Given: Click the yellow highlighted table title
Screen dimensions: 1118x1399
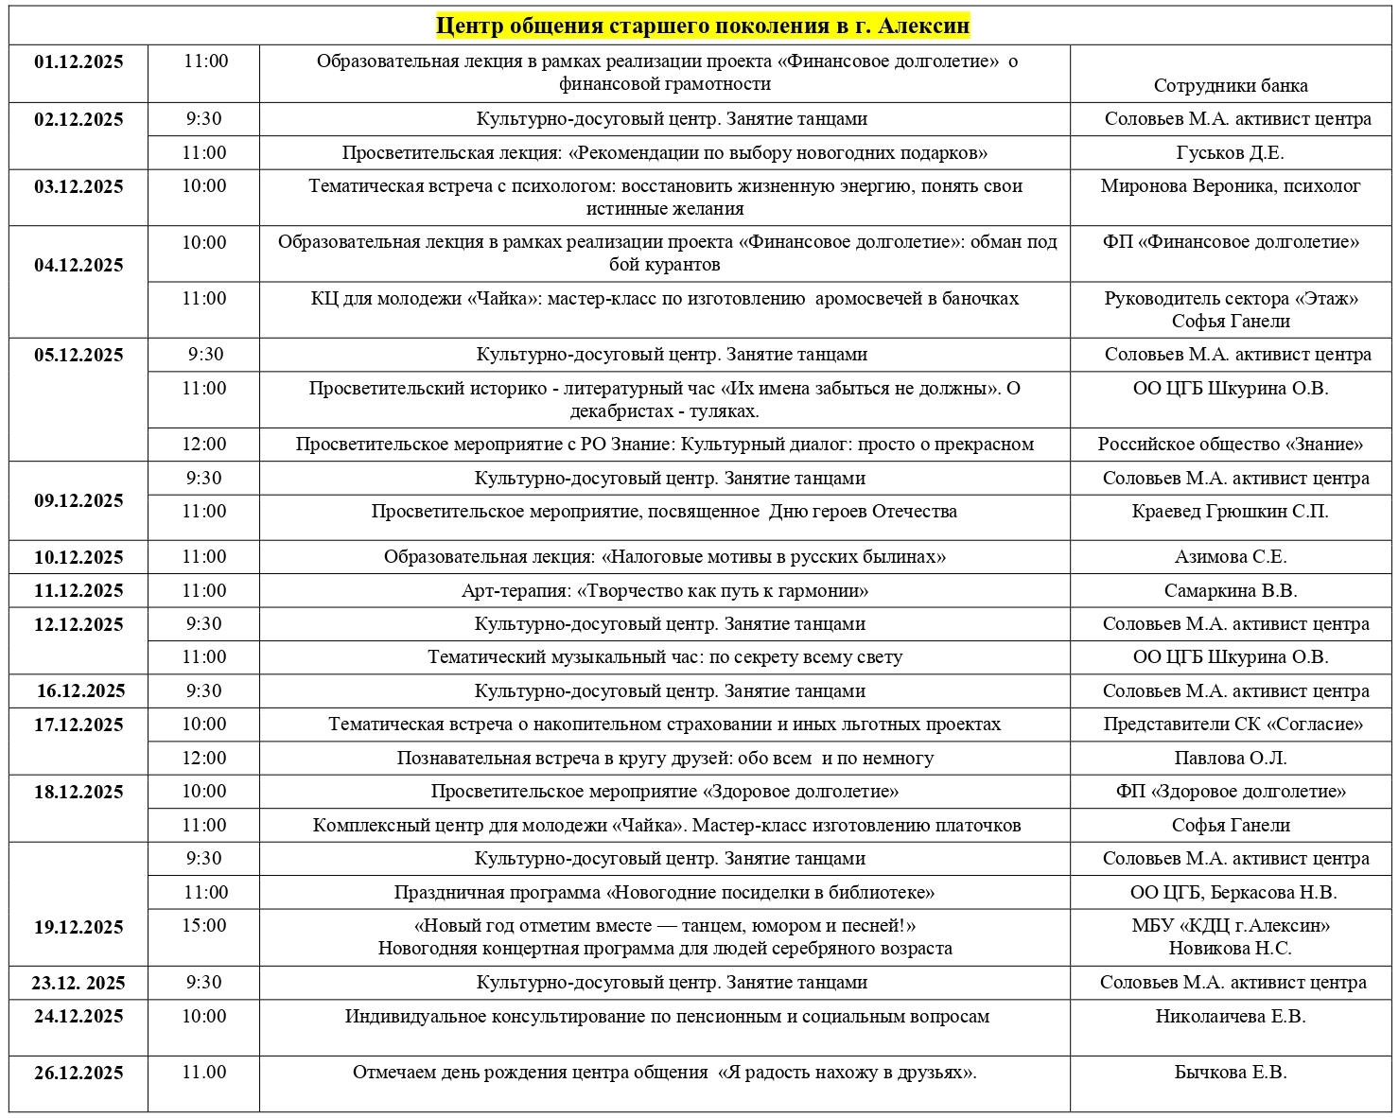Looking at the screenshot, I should tap(703, 26).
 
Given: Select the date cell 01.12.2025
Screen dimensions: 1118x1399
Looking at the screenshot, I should tap(79, 62).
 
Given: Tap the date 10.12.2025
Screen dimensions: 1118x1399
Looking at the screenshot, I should tap(79, 558).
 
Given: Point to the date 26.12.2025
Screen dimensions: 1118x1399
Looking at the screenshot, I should tap(79, 1074).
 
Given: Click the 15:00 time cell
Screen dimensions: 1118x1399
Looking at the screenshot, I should tap(204, 926).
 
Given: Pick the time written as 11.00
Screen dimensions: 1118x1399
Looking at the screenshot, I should tap(204, 1073).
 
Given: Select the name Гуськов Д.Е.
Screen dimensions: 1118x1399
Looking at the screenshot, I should tap(1230, 153).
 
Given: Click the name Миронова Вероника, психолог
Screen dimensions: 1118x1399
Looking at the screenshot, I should tap(1230, 186).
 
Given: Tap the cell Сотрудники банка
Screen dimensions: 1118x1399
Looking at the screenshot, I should tap(1230, 86).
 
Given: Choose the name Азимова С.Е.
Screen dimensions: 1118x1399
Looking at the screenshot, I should tap(1230, 557).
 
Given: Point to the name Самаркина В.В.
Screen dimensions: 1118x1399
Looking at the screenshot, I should tap(1230, 591).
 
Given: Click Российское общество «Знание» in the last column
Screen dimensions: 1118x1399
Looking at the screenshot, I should tap(1230, 445).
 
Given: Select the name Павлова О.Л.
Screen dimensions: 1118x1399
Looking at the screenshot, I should tap(1230, 759).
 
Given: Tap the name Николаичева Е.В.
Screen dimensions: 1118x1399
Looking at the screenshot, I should tap(1230, 1017).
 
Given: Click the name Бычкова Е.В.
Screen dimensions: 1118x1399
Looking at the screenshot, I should tap(1230, 1073).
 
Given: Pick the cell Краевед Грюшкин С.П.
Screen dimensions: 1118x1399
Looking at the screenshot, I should tap(1230, 512).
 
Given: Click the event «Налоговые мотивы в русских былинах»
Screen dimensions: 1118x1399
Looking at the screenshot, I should tap(664, 557).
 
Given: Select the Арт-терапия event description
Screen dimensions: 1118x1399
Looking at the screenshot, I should tap(664, 591).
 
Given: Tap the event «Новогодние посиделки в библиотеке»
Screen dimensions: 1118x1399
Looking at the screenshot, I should tap(664, 893).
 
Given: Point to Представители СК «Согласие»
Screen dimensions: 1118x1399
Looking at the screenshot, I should tap(1233, 725).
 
